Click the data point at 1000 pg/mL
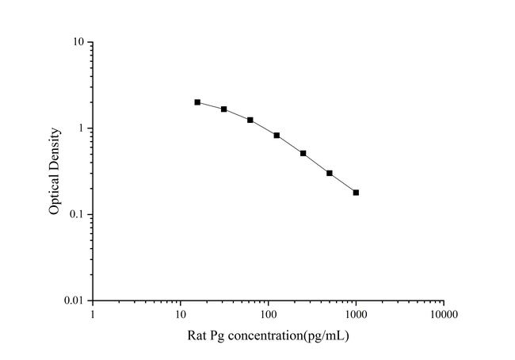pos(356,193)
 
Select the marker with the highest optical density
pos(197,102)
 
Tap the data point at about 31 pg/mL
pos(224,109)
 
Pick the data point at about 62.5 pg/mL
pos(250,120)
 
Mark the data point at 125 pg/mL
pos(277,136)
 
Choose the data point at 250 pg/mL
pos(303,153)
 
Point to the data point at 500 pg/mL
pos(330,173)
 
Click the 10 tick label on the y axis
pos(79,42)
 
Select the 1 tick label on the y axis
pos(82,128)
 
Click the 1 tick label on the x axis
pos(93,315)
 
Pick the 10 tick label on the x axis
pos(181,315)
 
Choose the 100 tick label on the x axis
pos(269,315)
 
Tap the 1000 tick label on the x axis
pos(356,315)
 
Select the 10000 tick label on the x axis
pos(444,315)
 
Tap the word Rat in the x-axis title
pos(197,335)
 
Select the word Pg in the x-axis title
pos(218,336)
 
